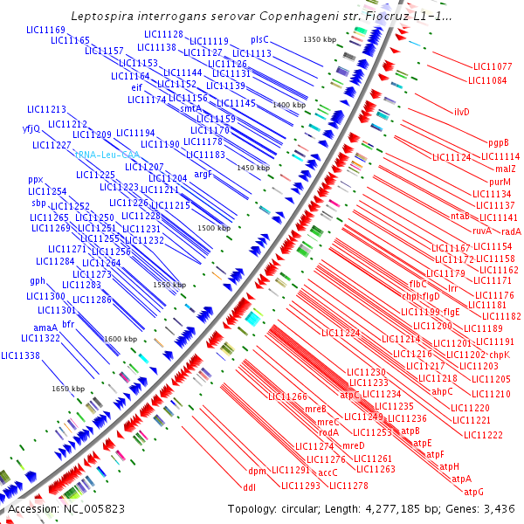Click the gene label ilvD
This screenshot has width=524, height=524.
click(x=461, y=112)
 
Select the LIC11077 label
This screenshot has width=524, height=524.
click(x=493, y=66)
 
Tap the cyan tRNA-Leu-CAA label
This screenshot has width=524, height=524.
click(x=107, y=155)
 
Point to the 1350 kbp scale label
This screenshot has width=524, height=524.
click(x=319, y=40)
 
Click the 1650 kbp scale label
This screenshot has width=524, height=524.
click(x=67, y=389)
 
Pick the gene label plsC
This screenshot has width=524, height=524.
click(x=259, y=40)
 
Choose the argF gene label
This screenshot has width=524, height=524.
click(x=203, y=175)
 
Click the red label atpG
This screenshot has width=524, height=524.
click(x=473, y=492)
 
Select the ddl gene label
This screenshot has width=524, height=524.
click(x=249, y=486)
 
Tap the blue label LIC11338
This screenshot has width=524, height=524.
click(x=20, y=355)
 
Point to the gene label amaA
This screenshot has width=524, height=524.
click(x=33, y=327)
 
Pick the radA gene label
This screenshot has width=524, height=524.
click(x=511, y=231)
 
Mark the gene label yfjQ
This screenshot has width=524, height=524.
click(x=31, y=129)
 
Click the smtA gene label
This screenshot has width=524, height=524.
click(x=191, y=108)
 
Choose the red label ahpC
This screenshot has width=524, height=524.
click(x=442, y=391)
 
